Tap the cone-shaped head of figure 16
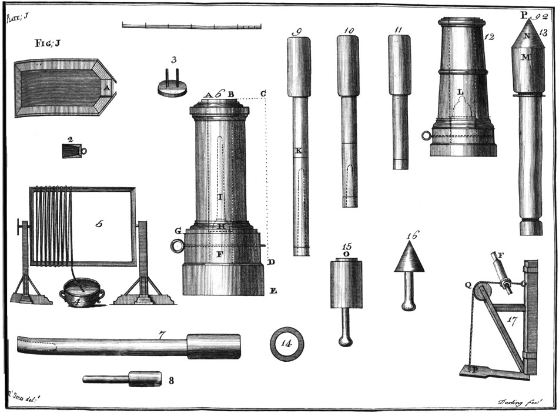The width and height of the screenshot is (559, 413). click(x=409, y=258)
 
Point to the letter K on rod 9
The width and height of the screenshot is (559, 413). click(x=299, y=151)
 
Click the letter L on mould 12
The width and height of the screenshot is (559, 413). click(x=461, y=92)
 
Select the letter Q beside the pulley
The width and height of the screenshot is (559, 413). click(x=468, y=284)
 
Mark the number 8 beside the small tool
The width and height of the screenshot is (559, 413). click(x=171, y=381)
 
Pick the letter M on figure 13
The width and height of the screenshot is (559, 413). click(x=526, y=57)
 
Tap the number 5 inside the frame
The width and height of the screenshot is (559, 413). click(x=100, y=224)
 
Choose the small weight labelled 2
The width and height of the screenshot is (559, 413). click(x=72, y=151)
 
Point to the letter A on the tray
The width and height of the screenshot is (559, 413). click(x=106, y=88)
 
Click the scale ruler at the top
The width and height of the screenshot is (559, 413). click(x=192, y=25)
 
